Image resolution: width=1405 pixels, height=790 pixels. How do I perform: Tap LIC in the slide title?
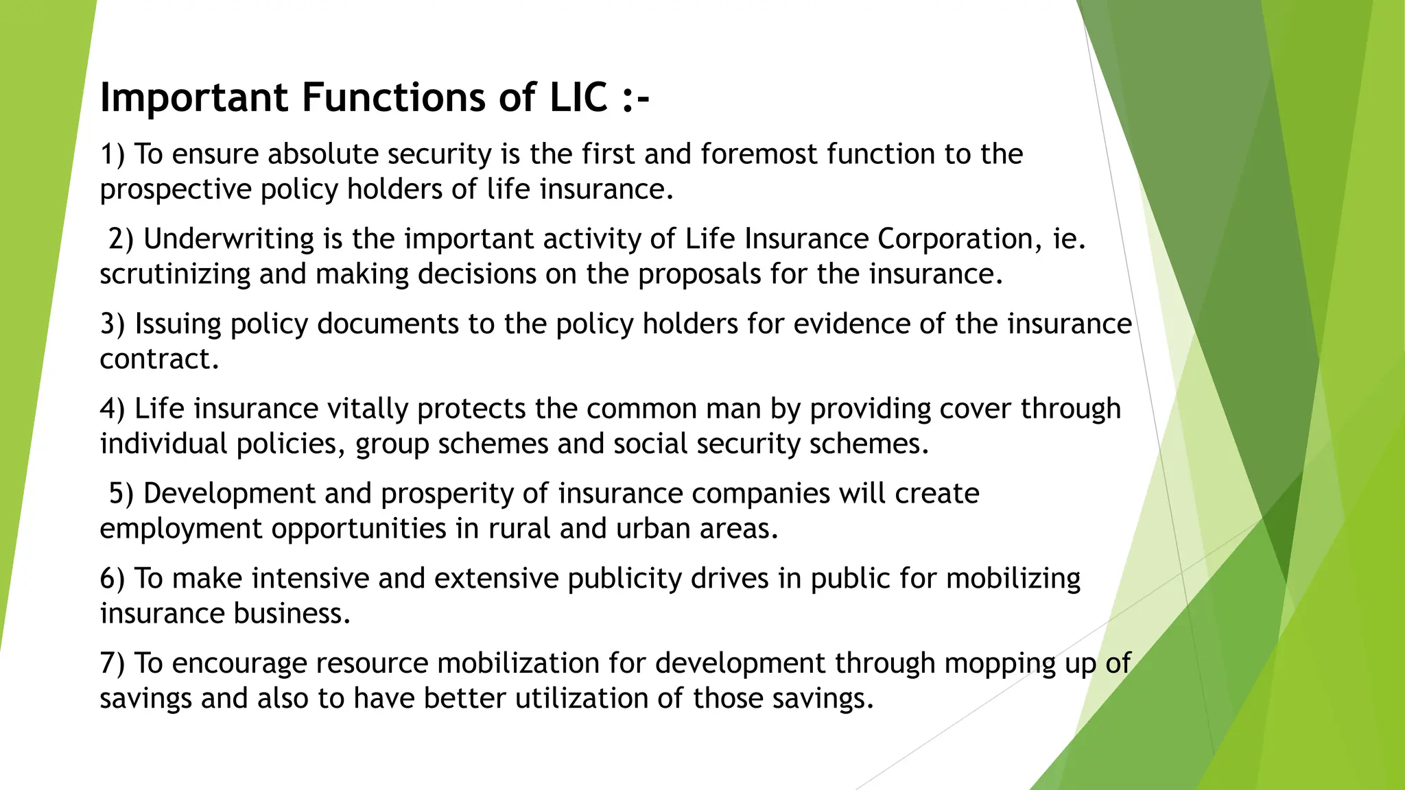[x=578, y=97]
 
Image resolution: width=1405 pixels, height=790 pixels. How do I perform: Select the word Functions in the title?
[x=394, y=97]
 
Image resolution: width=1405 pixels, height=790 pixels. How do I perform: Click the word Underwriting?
[x=228, y=239]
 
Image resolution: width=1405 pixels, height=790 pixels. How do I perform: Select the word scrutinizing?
[x=175, y=274]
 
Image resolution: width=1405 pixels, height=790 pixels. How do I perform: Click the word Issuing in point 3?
[x=178, y=324]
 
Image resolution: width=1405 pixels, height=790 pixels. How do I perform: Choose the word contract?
[x=159, y=359]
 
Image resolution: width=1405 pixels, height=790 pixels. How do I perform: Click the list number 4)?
[x=113, y=409]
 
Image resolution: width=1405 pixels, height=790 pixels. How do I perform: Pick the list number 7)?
[x=113, y=663]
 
